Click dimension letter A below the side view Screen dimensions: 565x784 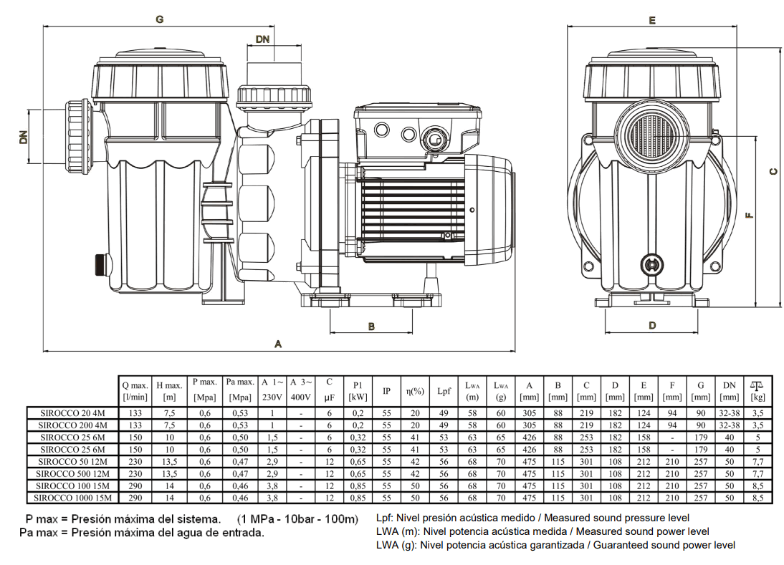point(278,344)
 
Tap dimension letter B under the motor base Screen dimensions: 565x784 point(371,327)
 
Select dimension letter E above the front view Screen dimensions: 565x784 point(651,21)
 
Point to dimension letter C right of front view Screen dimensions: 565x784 point(773,171)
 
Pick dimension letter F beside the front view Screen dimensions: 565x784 point(750,215)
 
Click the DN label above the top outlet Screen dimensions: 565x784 point(262,40)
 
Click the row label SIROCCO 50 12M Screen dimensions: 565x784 point(72,461)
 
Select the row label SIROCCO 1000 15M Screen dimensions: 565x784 point(72,497)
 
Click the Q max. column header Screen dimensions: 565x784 point(135,390)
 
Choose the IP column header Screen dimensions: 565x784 point(386,391)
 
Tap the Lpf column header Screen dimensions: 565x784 point(444,391)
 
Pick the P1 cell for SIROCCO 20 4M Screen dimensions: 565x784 point(358,412)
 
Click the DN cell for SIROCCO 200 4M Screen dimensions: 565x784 point(729,425)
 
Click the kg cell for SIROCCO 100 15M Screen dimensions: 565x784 point(757,485)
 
